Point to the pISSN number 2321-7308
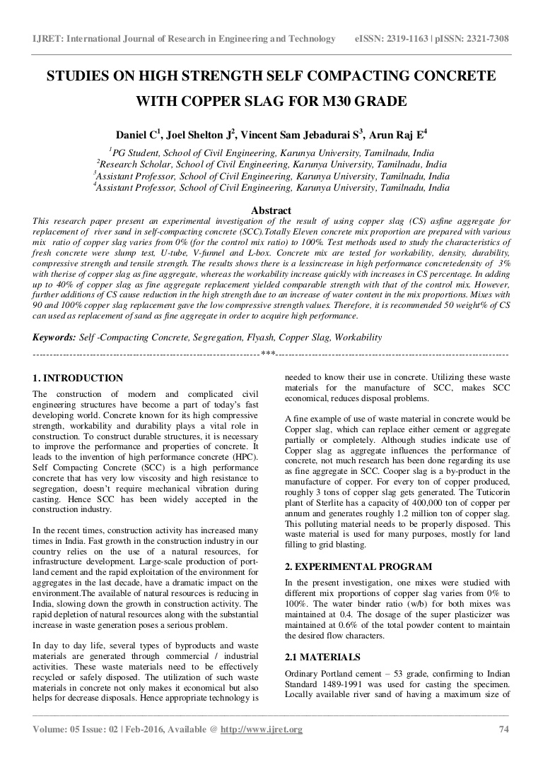[x=479, y=39]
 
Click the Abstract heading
[x=271, y=210]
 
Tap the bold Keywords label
[x=54, y=338]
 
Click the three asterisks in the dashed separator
[x=268, y=353]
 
